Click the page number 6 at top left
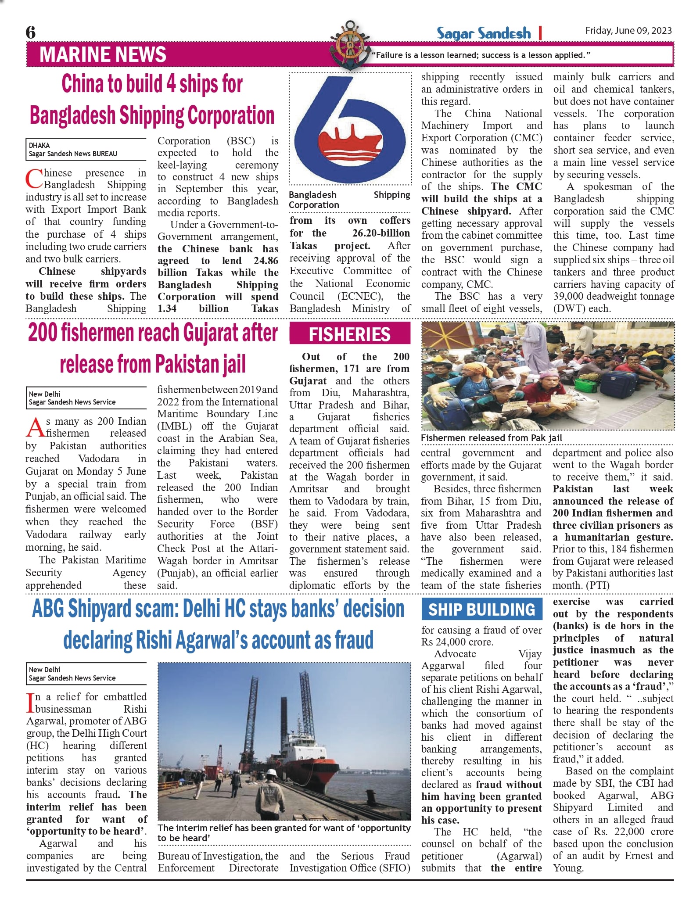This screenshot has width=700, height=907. coord(31,32)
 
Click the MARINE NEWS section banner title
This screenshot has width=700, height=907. coord(103,55)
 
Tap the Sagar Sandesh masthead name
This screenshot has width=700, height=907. coord(484,33)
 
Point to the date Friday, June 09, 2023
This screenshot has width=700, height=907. coord(628,30)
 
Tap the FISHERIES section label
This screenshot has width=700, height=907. coord(349,334)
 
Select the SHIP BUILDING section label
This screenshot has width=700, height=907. coord(482,609)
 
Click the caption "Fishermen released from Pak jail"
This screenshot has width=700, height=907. coord(491,438)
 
